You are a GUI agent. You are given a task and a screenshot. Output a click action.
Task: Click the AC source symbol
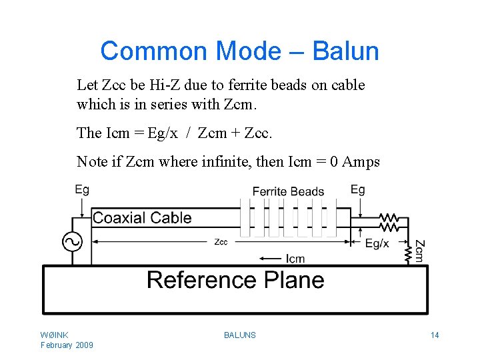pyautogui.click(x=72, y=241)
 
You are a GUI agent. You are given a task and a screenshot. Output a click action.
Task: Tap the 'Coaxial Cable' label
pyautogui.click(x=142, y=218)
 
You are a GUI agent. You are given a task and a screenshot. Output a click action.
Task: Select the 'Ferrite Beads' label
pyautogui.click(x=288, y=192)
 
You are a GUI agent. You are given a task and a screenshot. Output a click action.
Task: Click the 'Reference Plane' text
pyautogui.click(x=235, y=279)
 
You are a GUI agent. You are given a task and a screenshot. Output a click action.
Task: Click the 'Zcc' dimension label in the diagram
pyautogui.click(x=221, y=242)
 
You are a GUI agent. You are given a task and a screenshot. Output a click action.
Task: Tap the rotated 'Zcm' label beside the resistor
pyautogui.click(x=420, y=250)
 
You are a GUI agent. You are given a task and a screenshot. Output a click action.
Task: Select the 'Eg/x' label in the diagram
pyautogui.click(x=377, y=243)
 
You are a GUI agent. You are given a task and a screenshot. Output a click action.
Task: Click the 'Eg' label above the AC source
pyautogui.click(x=82, y=190)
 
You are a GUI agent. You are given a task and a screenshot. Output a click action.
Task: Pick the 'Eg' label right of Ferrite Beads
pyautogui.click(x=358, y=190)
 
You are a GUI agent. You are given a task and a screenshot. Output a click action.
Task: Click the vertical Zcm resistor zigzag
pyautogui.click(x=408, y=252)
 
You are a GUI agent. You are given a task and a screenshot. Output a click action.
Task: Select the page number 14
pyautogui.click(x=435, y=335)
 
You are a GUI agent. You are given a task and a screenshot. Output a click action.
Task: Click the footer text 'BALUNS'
pyautogui.click(x=240, y=335)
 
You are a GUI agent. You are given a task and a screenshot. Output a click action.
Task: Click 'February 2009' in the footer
pyautogui.click(x=67, y=345)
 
